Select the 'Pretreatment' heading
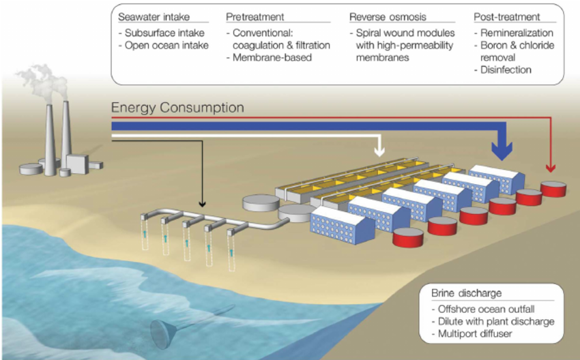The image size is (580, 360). point(255,16)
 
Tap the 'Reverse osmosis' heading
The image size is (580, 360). point(386,16)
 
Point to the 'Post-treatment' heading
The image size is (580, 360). point(506,16)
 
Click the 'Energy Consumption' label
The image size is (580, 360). point(177,108)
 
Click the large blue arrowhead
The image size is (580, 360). point(503,151)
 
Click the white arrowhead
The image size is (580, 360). point(379,151)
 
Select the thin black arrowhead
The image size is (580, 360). point(202,202)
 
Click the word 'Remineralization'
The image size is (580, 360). point(514,32)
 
